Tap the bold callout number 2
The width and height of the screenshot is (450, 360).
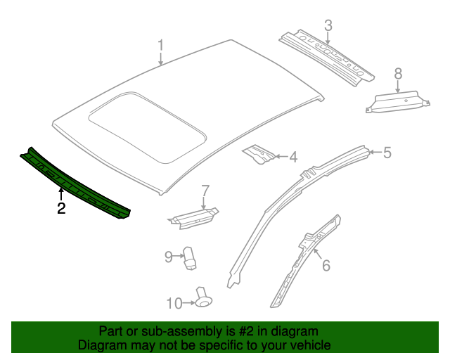click(61, 208)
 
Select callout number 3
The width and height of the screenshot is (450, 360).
click(328, 26)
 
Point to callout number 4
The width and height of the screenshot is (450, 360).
click(292, 157)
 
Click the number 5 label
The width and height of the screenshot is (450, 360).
click(387, 152)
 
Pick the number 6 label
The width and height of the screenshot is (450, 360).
click(326, 265)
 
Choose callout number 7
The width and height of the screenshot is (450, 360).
click(205, 191)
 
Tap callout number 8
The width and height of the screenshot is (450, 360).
click(398, 73)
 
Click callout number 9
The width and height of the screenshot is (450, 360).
click(168, 257)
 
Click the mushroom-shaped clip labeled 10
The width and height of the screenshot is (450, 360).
click(204, 297)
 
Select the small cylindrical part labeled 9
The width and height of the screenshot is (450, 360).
click(190, 257)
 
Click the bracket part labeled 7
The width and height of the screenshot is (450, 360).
click(193, 217)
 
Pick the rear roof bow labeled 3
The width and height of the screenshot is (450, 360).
click(325, 56)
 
